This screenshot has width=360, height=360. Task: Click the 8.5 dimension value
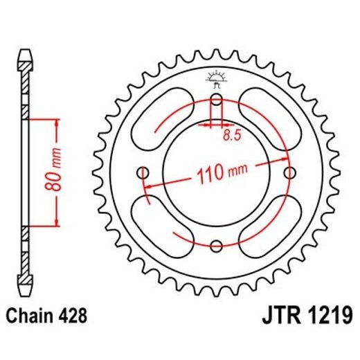[232, 136]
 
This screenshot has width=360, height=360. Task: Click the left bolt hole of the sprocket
[144, 172]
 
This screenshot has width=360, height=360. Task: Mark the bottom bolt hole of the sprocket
[217, 246]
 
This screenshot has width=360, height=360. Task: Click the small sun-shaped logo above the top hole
[216, 78]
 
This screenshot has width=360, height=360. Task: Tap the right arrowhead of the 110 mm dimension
[286, 160]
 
